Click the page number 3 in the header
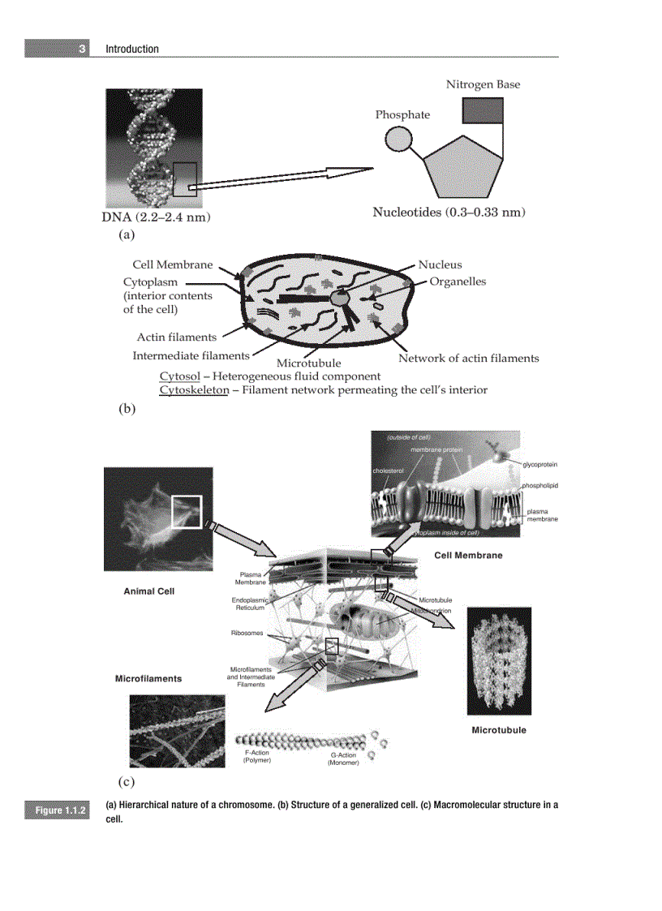coord(82,49)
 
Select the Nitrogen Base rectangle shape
coord(482,110)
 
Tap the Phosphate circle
coord(398,139)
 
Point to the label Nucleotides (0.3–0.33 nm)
coord(449,213)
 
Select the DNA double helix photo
coord(153,148)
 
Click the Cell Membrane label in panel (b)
coord(172,264)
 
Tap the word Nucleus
coord(440,264)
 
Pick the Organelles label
coord(458,281)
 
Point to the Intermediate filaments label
coord(191,355)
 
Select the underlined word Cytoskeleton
coord(194,390)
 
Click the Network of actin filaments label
coord(468,359)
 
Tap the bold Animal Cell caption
coord(148,591)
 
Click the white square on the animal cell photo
coord(186,511)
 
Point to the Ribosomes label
coord(248,633)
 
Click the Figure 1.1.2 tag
coord(59,811)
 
